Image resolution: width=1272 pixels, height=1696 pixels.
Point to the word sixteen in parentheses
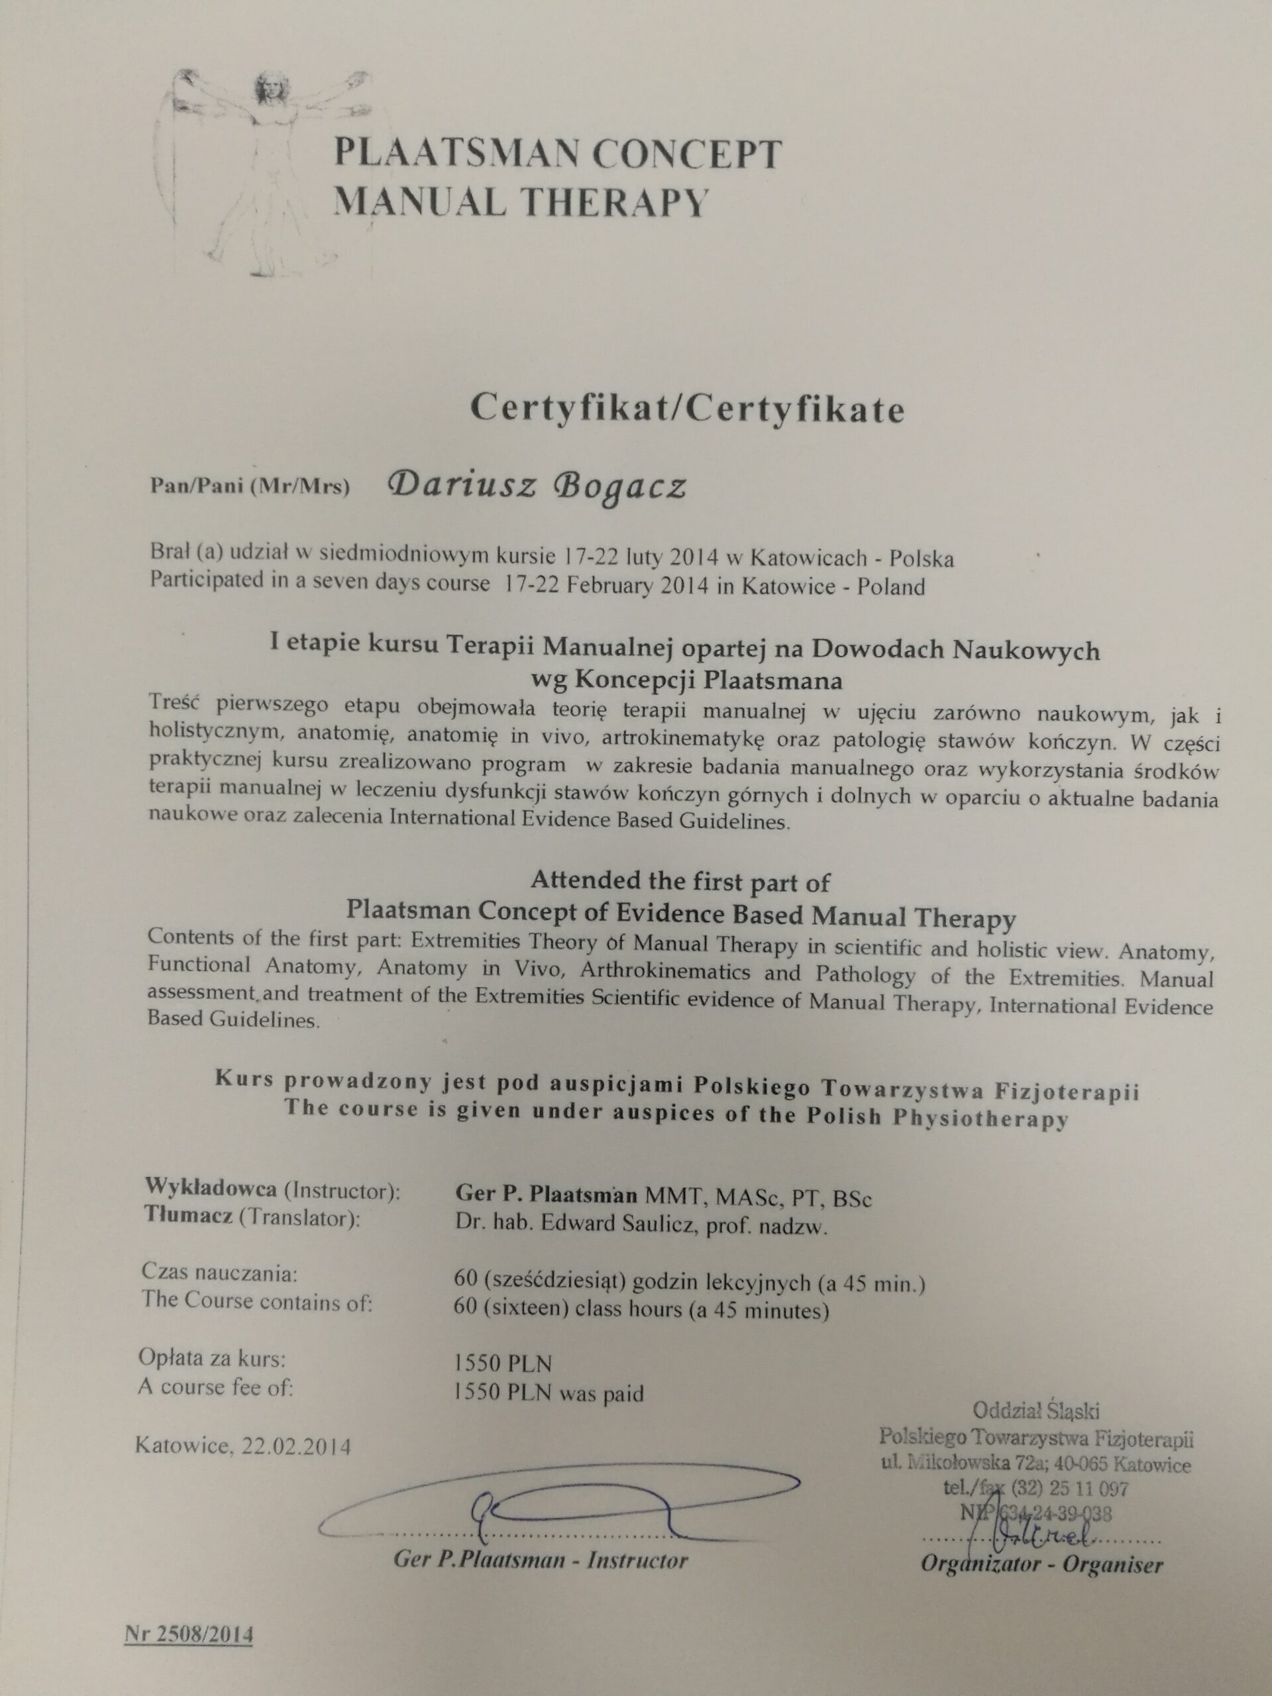point(529,1310)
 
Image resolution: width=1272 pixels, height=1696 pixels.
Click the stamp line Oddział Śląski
point(1037,1410)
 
